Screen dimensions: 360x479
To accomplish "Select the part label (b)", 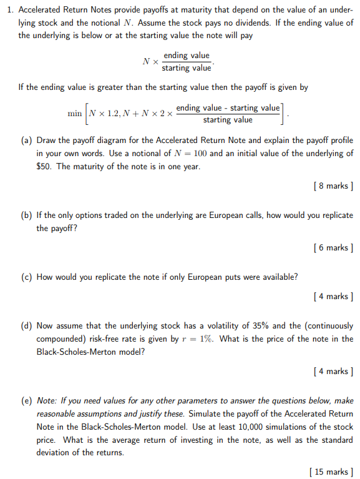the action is click(27, 215).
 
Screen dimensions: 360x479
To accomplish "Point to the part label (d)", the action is click(27, 326).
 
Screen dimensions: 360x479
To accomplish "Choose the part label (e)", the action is click(27, 401).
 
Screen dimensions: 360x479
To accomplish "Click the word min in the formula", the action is click(75, 114).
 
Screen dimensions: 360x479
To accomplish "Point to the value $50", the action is click(44, 167).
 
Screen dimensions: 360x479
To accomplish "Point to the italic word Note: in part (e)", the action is click(48, 401).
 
